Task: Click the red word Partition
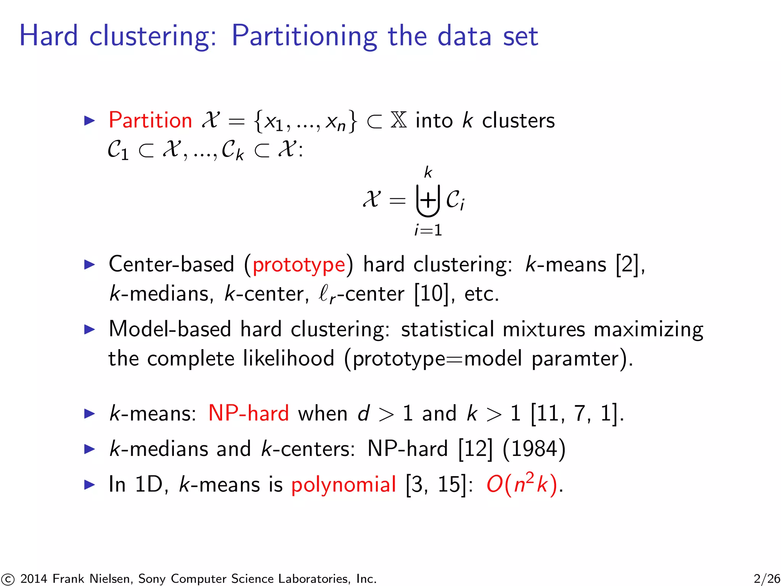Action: click(150, 121)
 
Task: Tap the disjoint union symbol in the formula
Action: click(428, 200)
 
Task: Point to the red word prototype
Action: click(299, 265)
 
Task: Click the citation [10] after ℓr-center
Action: click(431, 294)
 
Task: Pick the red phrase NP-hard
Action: click(249, 413)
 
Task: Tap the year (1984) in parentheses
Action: click(534, 449)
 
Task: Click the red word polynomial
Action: click(344, 485)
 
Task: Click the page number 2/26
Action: click(767, 578)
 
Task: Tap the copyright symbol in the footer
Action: click(8, 579)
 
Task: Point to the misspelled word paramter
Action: click(574, 359)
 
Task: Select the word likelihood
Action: click(289, 359)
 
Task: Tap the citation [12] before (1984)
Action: click(475, 449)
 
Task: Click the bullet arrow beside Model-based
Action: click(89, 329)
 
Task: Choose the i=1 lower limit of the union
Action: click(428, 230)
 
